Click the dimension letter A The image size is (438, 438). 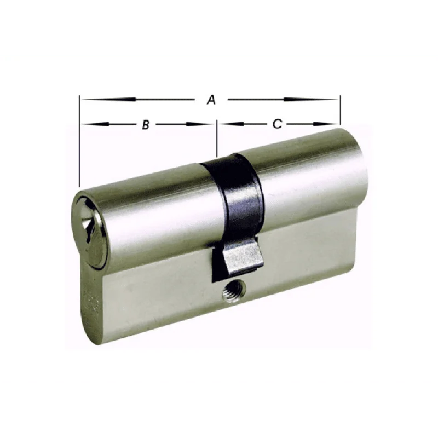pyautogui.click(x=211, y=100)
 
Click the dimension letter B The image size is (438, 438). pyautogui.click(x=146, y=125)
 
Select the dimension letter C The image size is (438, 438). pyautogui.click(x=277, y=124)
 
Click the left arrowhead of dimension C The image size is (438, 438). pyautogui.click(x=231, y=124)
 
